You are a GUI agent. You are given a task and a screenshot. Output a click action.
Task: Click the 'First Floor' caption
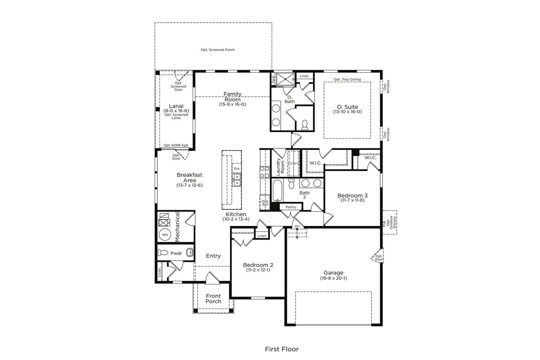point(282,349)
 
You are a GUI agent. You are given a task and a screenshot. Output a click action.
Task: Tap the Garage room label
point(333,273)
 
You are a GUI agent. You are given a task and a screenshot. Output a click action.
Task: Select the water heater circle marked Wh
point(165,234)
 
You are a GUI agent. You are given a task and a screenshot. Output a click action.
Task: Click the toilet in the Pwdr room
point(163,253)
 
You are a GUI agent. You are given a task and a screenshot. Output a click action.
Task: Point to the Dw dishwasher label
point(237,168)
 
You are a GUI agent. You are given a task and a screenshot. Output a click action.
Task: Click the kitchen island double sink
point(237,180)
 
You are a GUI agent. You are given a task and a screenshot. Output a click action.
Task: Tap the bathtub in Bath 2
point(277,190)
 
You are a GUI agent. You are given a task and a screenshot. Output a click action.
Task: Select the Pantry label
point(291,207)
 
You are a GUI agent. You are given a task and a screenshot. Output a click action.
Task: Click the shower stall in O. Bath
point(285,79)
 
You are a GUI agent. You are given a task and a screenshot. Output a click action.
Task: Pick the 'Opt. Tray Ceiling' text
point(347,79)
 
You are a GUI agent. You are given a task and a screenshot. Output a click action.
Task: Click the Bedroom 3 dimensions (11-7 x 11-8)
point(352,200)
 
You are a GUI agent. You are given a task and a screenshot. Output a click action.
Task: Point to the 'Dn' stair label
point(297,226)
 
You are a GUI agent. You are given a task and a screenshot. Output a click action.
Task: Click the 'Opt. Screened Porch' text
point(218,50)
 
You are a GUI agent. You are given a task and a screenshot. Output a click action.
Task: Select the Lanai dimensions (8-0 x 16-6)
point(176,111)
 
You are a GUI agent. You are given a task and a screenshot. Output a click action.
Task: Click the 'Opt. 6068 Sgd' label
point(176,145)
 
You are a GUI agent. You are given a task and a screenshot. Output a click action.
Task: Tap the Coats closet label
point(159,273)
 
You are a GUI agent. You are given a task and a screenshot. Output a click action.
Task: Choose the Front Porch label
point(213,298)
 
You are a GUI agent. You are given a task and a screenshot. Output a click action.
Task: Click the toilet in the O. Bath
point(305,125)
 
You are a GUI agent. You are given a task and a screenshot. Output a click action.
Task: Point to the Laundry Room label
point(280,167)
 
